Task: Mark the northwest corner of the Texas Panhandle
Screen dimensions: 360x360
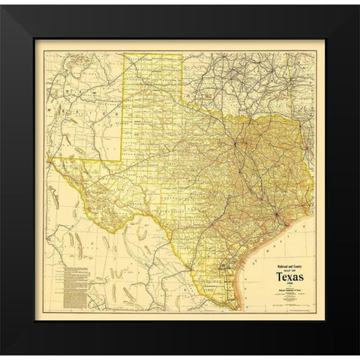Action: coord(124,53)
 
